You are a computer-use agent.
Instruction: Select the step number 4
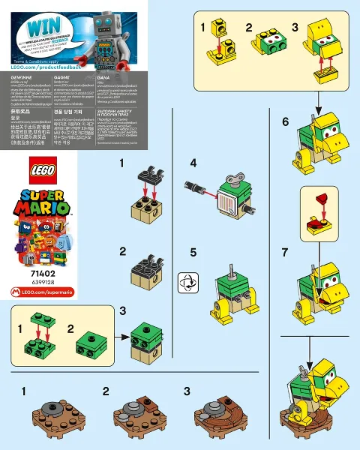193,163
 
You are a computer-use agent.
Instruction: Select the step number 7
285,253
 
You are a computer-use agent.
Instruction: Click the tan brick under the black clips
145,213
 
